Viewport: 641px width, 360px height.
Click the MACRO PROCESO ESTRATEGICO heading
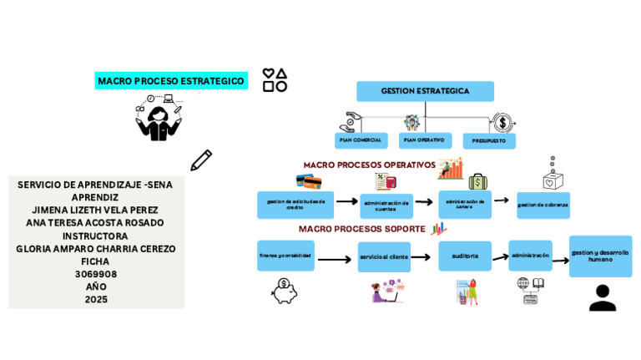(171, 81)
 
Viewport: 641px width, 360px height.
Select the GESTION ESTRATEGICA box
(425, 91)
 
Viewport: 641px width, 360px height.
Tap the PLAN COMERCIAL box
(361, 140)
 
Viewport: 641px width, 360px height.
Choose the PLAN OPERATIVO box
(425, 140)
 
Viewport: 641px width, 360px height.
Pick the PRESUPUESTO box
(489, 141)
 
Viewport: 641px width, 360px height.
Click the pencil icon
(201, 160)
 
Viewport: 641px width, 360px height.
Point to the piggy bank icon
(285, 291)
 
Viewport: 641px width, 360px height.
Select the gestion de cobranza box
(543, 205)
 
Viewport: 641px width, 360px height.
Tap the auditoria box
(465, 256)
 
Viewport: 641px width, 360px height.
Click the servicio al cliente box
(384, 257)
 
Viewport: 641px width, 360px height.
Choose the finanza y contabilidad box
(285, 256)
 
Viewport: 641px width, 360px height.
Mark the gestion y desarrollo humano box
(600, 256)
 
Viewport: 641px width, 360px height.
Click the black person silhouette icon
(602, 297)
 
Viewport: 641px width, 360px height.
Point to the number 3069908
(96, 274)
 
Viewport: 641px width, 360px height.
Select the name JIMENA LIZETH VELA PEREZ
(95, 210)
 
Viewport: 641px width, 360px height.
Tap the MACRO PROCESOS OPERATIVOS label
(369, 165)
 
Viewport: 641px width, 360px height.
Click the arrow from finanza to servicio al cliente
(335, 260)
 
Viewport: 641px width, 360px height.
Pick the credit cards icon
(308, 181)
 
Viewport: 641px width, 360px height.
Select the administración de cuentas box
(386, 205)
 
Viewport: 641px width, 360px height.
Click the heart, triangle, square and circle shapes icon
(275, 80)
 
